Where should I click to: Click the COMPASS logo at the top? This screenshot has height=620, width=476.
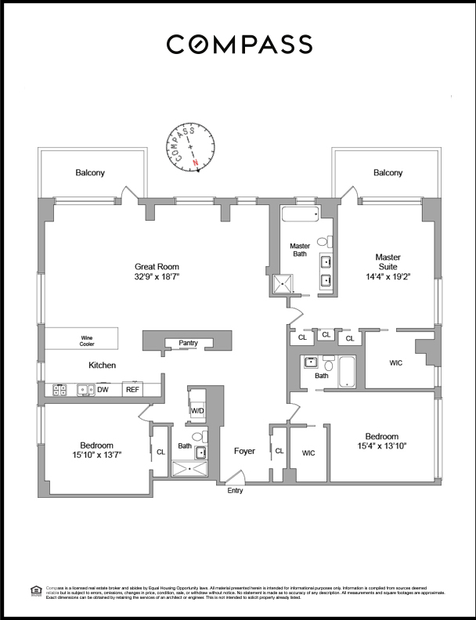(x=239, y=44)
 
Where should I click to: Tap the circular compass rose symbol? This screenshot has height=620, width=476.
(x=192, y=146)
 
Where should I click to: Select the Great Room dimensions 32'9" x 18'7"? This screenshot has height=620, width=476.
(x=157, y=276)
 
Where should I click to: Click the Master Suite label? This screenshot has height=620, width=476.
(x=388, y=257)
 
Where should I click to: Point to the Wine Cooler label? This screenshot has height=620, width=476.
(x=86, y=341)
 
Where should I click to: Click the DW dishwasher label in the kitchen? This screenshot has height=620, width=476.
(x=103, y=389)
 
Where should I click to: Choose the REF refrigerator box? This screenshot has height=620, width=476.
(x=132, y=389)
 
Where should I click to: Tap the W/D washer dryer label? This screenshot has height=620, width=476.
(x=197, y=411)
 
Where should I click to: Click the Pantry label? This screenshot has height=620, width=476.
(x=188, y=343)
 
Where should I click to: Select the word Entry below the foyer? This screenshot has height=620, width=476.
(x=235, y=491)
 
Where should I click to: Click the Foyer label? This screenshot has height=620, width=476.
(x=245, y=451)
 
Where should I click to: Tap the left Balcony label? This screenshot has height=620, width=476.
(x=90, y=173)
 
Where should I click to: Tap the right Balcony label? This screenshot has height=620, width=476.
(x=388, y=173)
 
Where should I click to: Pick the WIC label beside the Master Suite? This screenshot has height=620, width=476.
(x=396, y=363)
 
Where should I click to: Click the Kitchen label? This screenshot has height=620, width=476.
(x=102, y=366)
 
